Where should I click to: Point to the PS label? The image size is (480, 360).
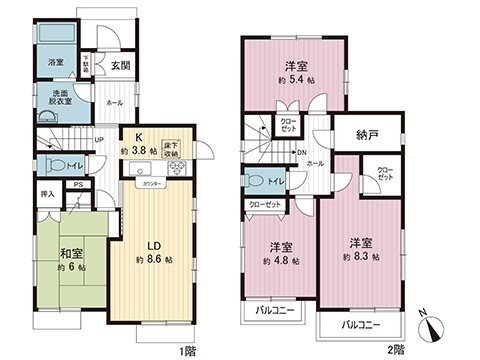[x=77, y=186]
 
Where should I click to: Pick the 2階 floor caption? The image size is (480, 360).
[x=398, y=351]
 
